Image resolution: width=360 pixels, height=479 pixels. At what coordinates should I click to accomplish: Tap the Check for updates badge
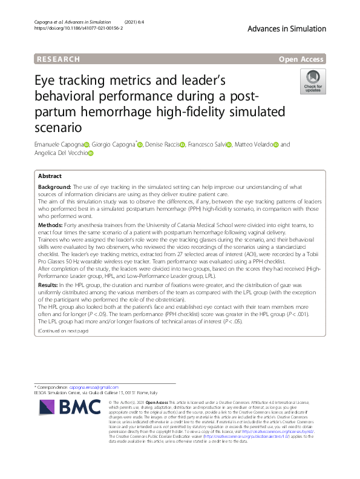click(x=313, y=81)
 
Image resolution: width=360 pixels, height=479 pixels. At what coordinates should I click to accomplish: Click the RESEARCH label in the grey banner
click(x=58, y=59)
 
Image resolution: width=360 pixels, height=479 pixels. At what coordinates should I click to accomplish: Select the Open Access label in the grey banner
click(x=301, y=59)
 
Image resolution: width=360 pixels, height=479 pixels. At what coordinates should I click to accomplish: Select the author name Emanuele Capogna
click(x=59, y=145)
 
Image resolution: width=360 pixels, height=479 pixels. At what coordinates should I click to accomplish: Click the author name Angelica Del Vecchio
click(x=61, y=154)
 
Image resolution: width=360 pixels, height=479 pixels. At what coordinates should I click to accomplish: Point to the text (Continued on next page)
click(x=63, y=331)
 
